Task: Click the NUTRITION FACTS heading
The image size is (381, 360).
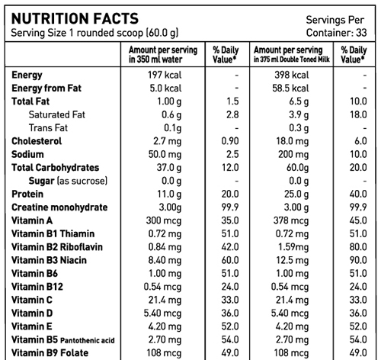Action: click(x=75, y=18)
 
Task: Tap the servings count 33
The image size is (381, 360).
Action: click(x=361, y=33)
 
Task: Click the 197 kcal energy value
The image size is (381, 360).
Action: click(x=165, y=75)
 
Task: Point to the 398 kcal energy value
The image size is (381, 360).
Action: click(x=292, y=75)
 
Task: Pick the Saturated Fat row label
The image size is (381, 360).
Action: click(x=57, y=114)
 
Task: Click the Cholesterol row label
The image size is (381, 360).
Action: click(x=37, y=141)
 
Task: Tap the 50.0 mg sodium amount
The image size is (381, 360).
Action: click(x=165, y=154)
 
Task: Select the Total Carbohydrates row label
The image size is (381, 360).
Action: click(x=55, y=168)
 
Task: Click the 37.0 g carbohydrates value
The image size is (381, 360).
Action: click(x=169, y=168)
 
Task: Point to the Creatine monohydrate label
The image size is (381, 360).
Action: click(x=59, y=207)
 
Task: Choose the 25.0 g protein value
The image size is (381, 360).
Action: click(x=296, y=194)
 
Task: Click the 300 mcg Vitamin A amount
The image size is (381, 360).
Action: click(x=164, y=220)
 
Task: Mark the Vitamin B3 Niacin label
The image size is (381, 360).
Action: click(x=49, y=260)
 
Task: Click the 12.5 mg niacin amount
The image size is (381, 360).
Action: click(x=293, y=260)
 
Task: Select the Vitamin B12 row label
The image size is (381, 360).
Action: click(x=37, y=287)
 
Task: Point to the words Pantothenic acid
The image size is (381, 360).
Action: click(x=88, y=340)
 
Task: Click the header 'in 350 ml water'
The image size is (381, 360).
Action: click(x=155, y=59)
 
